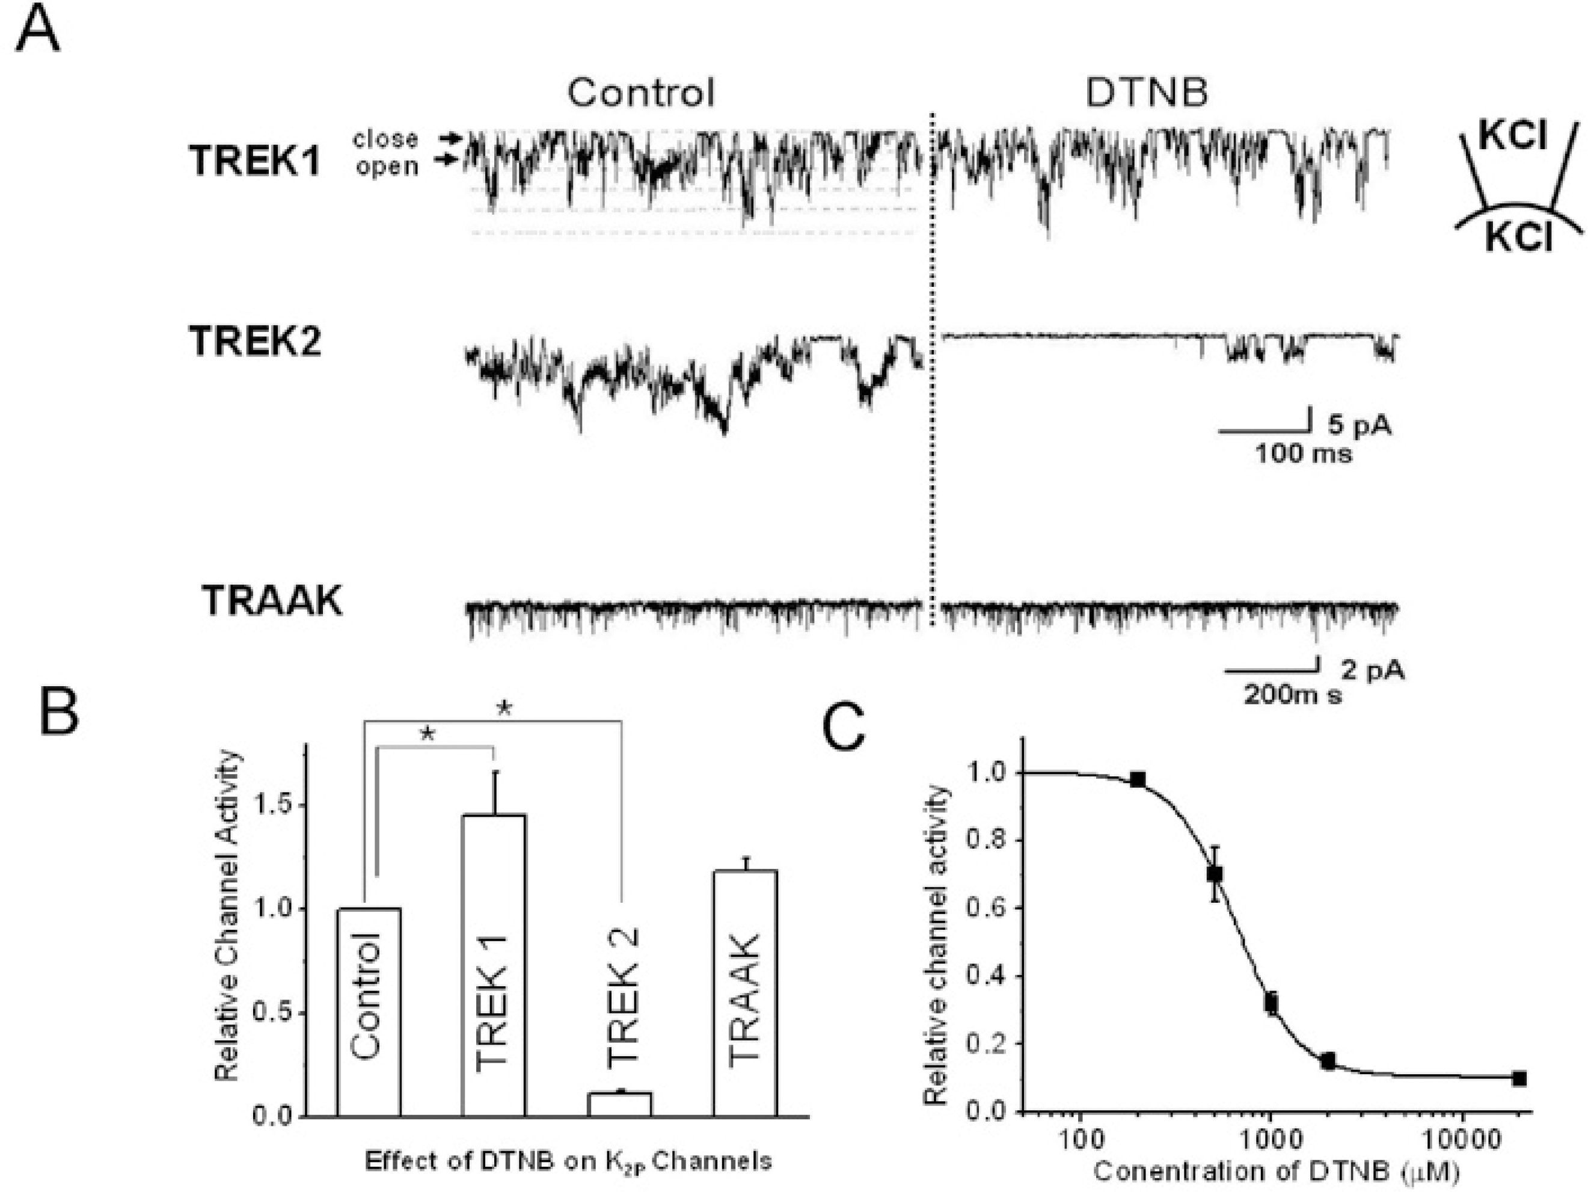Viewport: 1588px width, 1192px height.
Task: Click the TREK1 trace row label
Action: (x=254, y=160)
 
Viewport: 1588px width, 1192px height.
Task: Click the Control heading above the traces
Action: (x=641, y=93)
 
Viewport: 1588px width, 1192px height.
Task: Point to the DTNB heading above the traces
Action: (x=1147, y=93)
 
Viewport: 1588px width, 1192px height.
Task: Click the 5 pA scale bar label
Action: (x=1359, y=425)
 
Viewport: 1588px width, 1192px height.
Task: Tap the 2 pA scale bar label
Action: (x=1373, y=670)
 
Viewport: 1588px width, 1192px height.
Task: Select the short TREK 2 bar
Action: (x=619, y=1103)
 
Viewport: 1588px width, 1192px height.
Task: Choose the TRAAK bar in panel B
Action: (x=744, y=991)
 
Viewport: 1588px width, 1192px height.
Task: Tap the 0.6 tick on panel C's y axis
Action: (x=986, y=908)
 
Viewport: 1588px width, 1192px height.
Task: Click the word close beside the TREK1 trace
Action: (x=385, y=138)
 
